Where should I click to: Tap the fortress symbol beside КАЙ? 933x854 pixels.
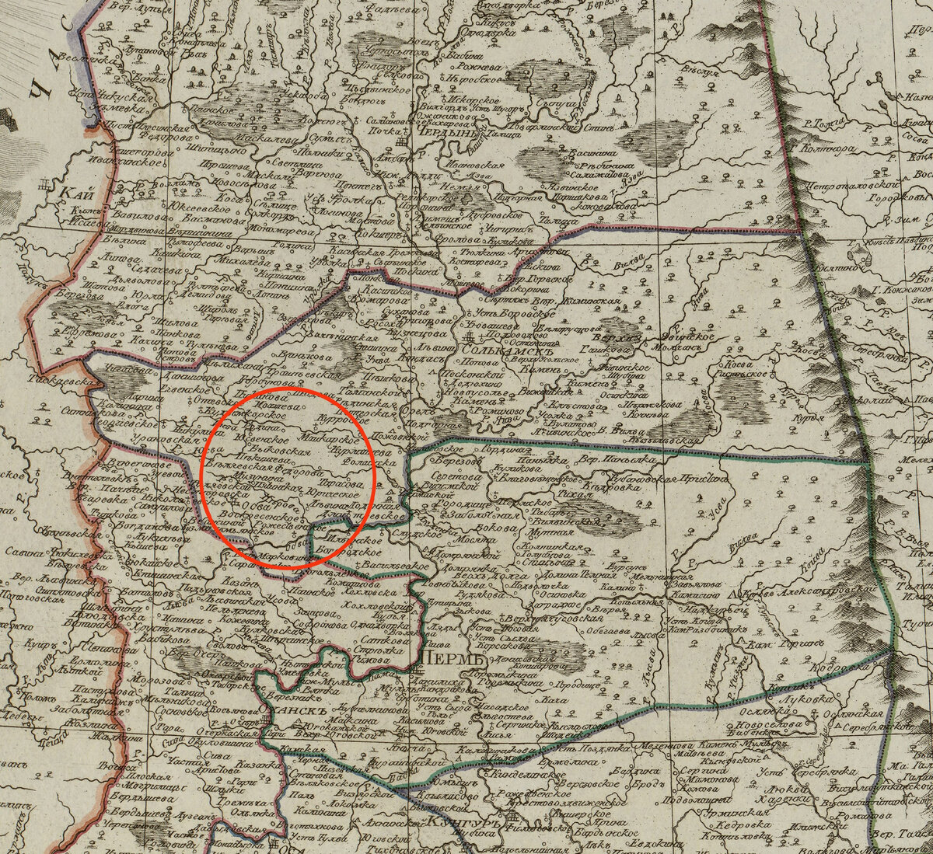pyautogui.click(x=44, y=186)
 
